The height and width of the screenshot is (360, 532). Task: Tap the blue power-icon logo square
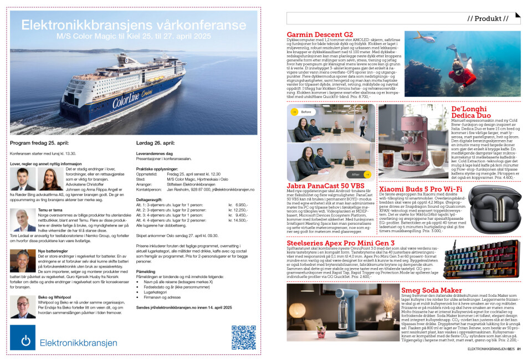point(23,337)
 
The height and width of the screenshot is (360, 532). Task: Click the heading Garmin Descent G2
point(320,34)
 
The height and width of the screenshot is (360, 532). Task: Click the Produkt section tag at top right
point(488,18)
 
